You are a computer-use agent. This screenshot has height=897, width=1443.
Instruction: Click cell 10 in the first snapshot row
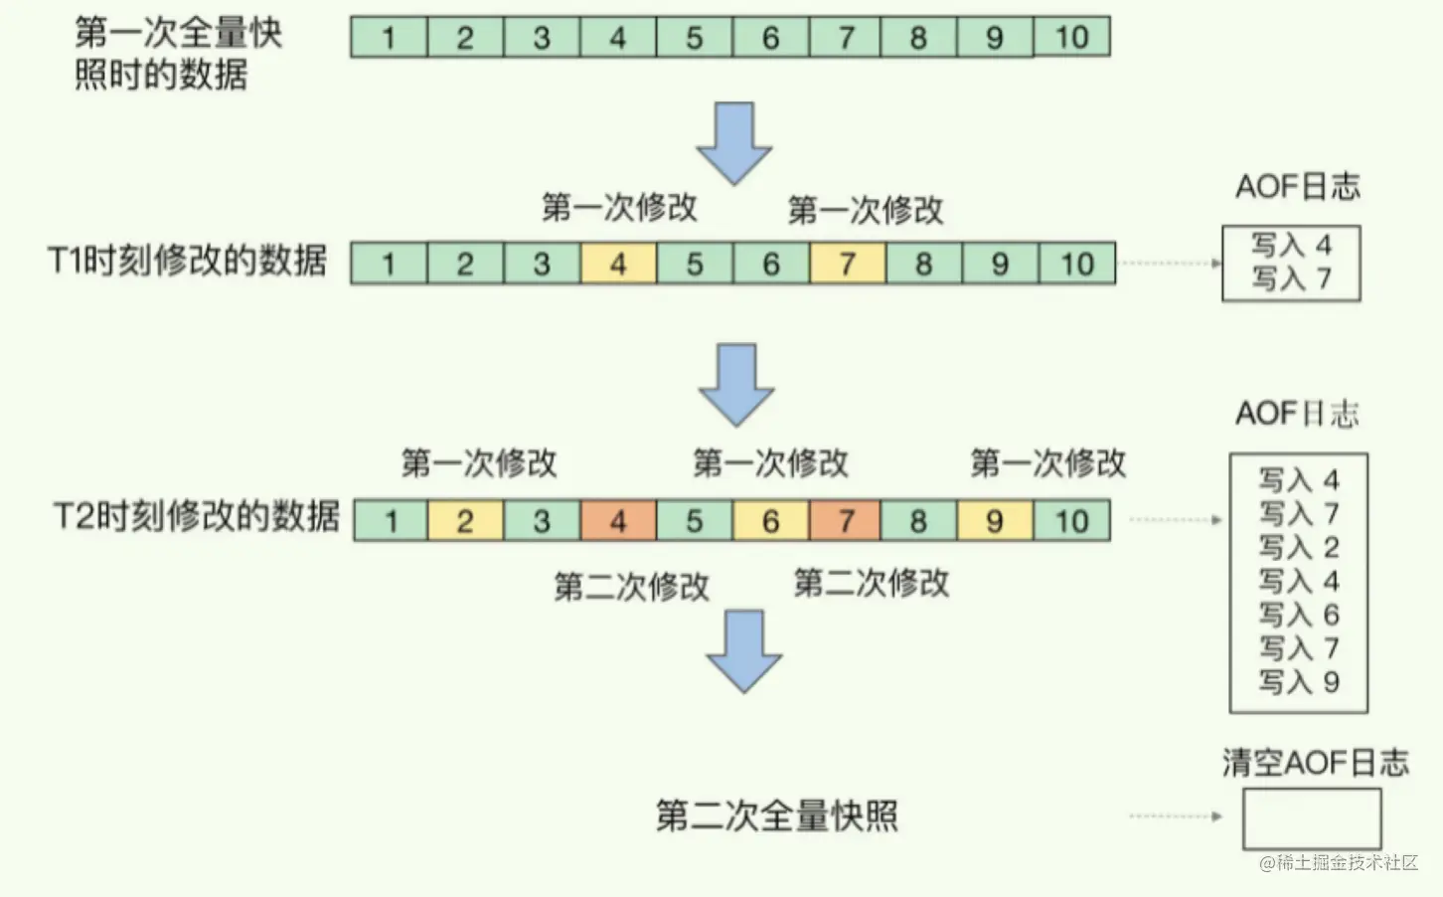(x=1071, y=38)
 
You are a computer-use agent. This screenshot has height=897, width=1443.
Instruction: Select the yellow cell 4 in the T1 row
(x=617, y=265)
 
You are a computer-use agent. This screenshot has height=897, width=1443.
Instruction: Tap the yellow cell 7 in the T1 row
(x=847, y=265)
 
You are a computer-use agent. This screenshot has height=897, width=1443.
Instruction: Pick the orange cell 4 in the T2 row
(x=617, y=521)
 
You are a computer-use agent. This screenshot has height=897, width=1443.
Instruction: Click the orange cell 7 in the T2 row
(x=845, y=521)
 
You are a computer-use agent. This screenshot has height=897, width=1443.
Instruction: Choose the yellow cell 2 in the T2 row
(x=465, y=521)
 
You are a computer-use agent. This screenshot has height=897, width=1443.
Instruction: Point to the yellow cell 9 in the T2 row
(x=994, y=521)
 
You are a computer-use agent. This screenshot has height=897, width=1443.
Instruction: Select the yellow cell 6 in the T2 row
(x=770, y=521)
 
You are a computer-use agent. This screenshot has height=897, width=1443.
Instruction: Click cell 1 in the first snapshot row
(x=389, y=38)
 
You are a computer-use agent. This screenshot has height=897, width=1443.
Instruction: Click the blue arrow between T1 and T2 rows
(x=736, y=384)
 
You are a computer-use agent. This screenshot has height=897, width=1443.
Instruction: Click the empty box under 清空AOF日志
(x=1312, y=818)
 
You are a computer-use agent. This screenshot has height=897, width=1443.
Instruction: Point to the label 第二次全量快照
(x=776, y=816)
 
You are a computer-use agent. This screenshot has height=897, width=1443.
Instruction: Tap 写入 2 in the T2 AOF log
(x=1299, y=548)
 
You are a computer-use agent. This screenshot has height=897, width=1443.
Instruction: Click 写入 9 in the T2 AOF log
(x=1299, y=682)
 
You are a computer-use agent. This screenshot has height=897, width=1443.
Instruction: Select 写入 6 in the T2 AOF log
(x=1299, y=615)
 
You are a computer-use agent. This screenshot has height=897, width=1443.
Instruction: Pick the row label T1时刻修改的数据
(x=188, y=262)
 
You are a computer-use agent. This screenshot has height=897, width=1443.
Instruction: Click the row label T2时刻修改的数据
(x=196, y=517)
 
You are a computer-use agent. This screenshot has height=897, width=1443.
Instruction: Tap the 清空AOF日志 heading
(x=1315, y=763)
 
